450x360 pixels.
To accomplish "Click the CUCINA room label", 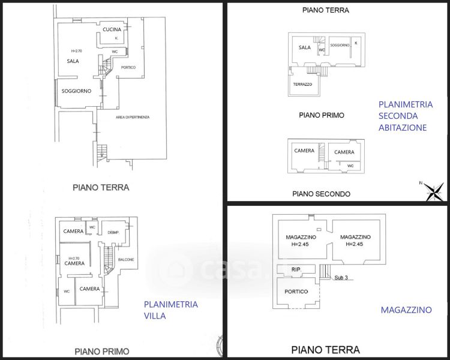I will pyautogui.click(x=112, y=29).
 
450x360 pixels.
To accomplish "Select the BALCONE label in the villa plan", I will pyautogui.click(x=126, y=259).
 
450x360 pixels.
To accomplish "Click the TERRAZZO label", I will pyautogui.click(x=302, y=85).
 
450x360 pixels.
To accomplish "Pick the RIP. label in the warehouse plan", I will pyautogui.click(x=295, y=269).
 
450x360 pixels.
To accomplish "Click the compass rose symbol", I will pyautogui.click(x=433, y=191).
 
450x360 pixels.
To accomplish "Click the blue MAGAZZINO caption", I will pyautogui.click(x=406, y=310).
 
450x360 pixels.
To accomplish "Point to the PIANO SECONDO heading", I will pyautogui.click(x=321, y=194).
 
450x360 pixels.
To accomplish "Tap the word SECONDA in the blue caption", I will pyautogui.click(x=400, y=116).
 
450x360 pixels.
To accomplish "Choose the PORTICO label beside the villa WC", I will pyautogui.click(x=127, y=67).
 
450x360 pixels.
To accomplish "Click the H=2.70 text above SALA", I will pyautogui.click(x=76, y=51).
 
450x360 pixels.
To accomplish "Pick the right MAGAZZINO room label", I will pyautogui.click(x=355, y=238).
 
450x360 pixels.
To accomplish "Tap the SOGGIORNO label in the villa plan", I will pyautogui.click(x=76, y=91).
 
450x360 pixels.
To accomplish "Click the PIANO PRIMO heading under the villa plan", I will pyautogui.click(x=101, y=351).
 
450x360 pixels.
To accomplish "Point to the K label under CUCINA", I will pyautogui.click(x=116, y=38).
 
